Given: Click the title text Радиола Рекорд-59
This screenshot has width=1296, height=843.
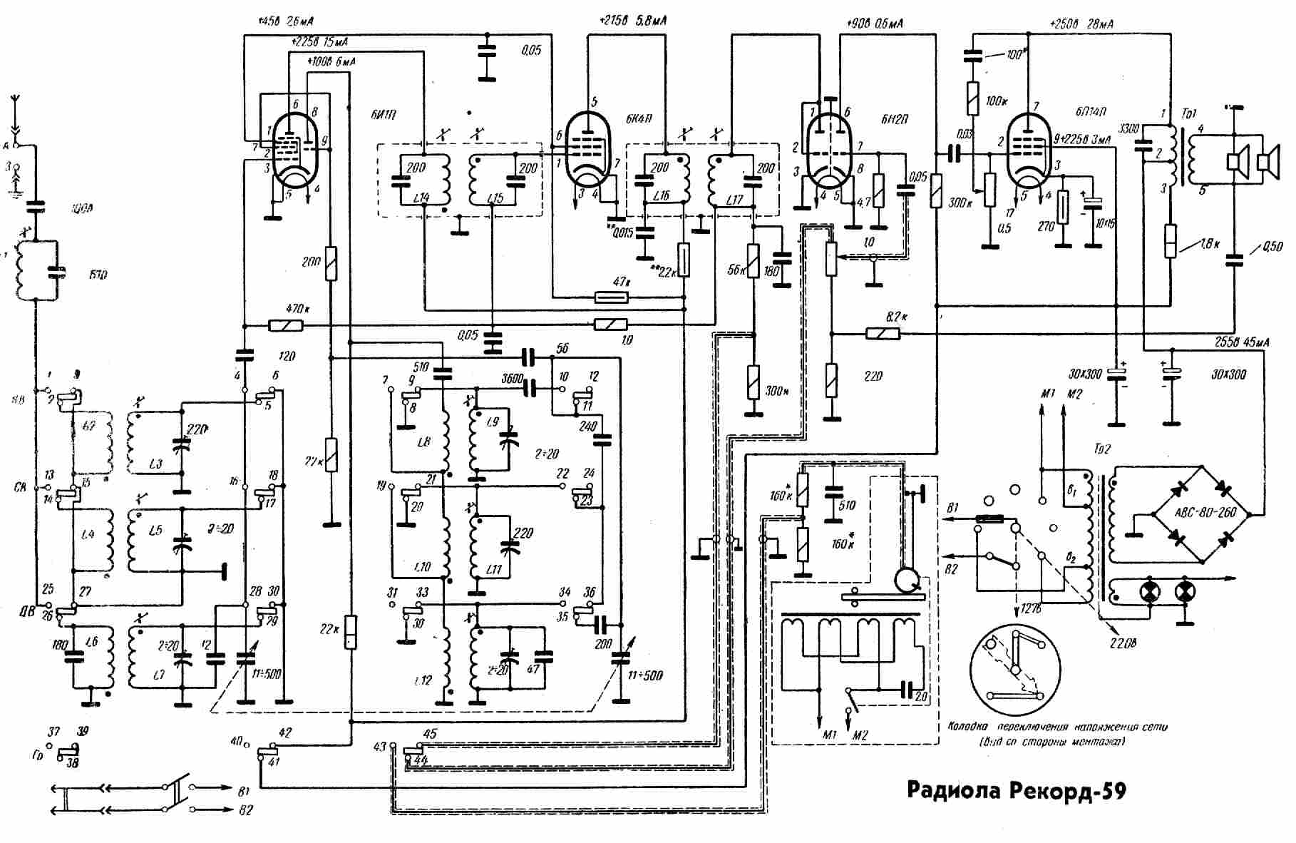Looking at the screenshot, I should [1016, 790].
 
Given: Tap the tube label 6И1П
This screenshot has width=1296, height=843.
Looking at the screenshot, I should [384, 116].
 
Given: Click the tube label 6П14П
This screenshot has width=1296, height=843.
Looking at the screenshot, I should [1091, 113].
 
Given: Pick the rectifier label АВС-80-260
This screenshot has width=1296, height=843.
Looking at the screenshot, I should [1204, 514].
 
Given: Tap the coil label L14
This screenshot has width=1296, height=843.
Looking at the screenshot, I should [421, 197].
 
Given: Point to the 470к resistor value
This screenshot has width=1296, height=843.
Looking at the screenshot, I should [297, 309].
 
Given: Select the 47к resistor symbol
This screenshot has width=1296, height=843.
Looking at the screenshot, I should [612, 297].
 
